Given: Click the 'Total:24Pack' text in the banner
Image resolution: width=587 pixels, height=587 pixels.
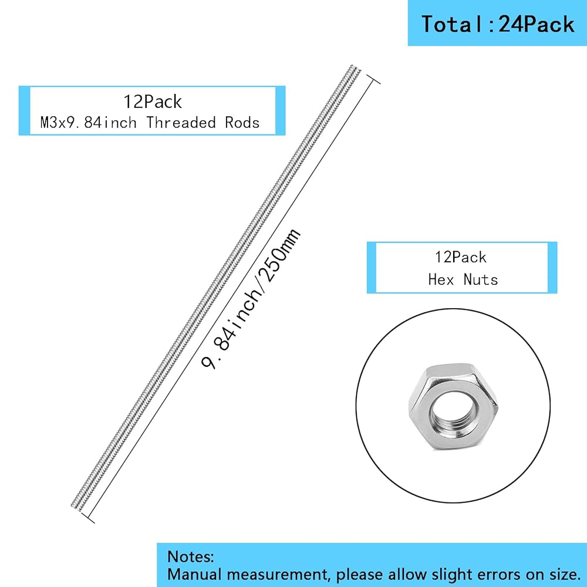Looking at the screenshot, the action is tap(498, 25).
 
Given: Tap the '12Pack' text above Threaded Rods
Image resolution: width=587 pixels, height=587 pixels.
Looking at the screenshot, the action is tap(153, 102).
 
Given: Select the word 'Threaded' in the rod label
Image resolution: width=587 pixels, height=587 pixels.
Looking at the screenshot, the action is tap(181, 123).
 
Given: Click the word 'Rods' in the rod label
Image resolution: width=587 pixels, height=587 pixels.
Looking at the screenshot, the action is tap(242, 123).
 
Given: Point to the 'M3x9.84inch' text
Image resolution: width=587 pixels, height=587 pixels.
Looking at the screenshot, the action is tap(89, 123).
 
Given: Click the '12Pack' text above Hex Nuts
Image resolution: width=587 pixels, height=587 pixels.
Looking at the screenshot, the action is tap(461, 257).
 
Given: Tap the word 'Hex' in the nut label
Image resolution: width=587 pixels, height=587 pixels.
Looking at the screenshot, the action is tap(441, 279).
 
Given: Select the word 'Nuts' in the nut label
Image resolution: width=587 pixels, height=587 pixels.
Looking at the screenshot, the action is tap(481, 279).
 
